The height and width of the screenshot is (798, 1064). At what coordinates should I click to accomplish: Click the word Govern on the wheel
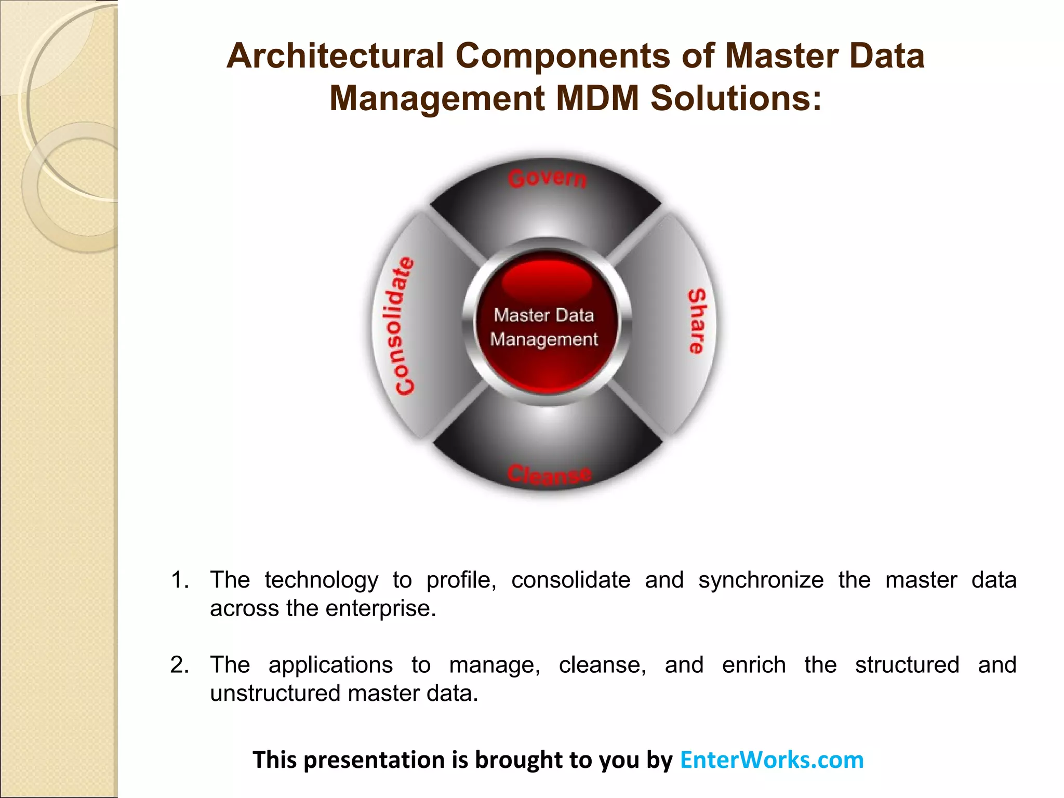point(547,178)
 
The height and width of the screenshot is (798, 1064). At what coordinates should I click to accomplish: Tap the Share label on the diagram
point(697,322)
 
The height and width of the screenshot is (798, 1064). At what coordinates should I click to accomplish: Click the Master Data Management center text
point(544,327)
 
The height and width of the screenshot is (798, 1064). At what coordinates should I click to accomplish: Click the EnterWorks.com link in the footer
point(772,760)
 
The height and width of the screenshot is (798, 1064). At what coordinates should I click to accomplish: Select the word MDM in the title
point(597,98)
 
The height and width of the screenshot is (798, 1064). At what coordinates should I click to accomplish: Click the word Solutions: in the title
point(736,98)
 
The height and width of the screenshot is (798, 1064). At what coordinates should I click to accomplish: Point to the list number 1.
point(180,580)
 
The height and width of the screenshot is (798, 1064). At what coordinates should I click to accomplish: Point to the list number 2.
point(180,665)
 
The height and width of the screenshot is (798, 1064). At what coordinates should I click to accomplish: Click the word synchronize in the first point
point(761,580)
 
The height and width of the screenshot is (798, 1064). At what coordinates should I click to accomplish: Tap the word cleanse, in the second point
point(602,665)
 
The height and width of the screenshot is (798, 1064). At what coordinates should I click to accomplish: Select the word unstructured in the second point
point(275,693)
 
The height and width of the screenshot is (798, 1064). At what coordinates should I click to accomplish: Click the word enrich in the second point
point(753,665)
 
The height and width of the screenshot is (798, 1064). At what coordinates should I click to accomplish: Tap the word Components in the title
point(563,56)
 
